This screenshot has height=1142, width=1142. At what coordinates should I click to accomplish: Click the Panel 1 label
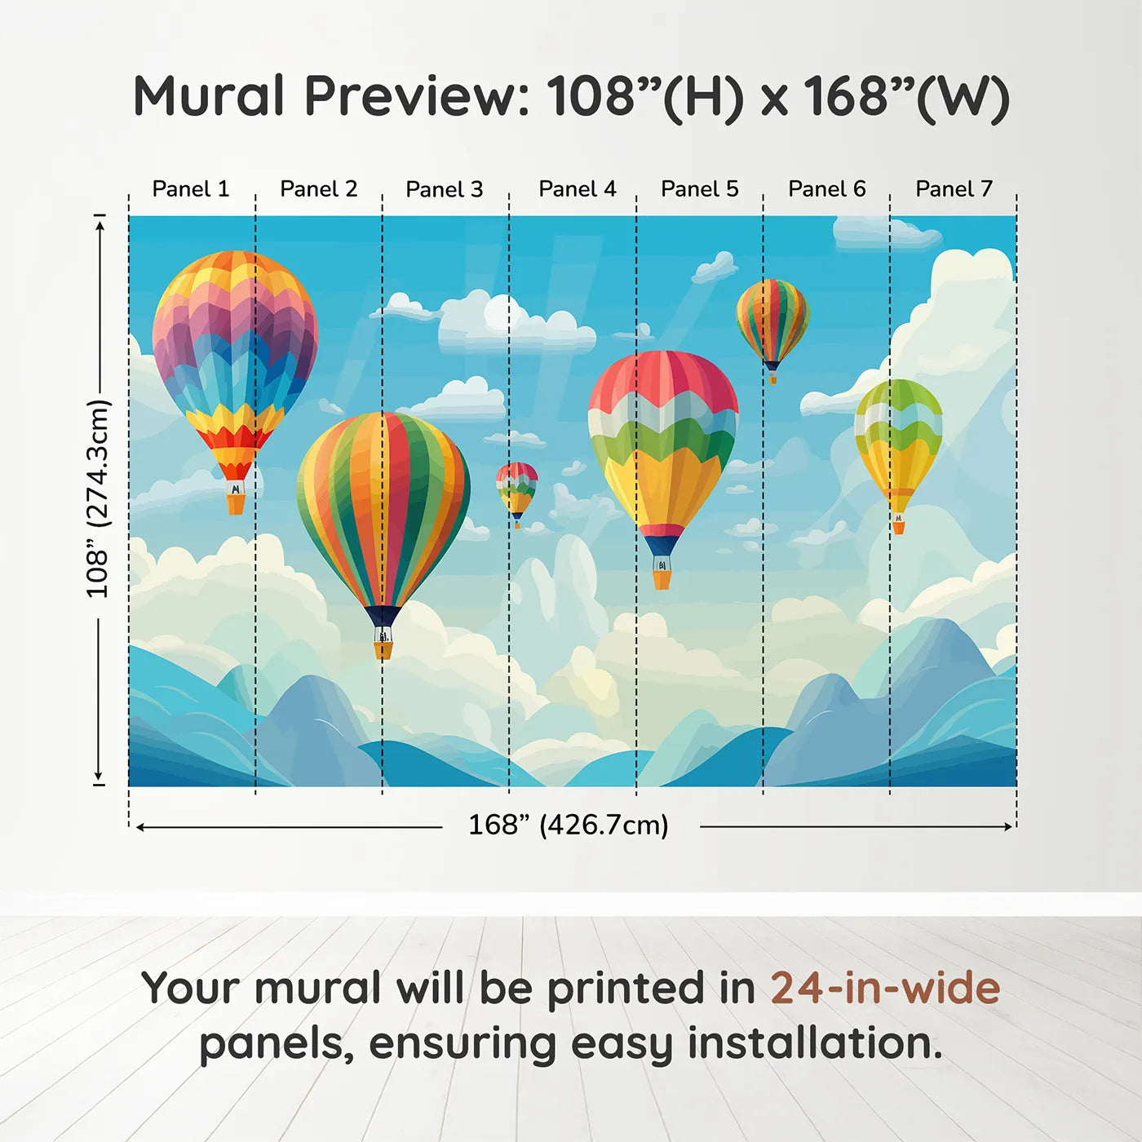[x=190, y=189]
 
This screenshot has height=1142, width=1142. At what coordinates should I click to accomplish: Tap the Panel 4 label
[x=578, y=189]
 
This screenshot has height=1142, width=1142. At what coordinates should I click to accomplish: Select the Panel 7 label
[x=954, y=189]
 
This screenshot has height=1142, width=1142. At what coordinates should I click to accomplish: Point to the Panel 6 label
[x=826, y=189]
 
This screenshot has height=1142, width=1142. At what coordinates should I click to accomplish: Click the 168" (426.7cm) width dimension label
[x=569, y=825]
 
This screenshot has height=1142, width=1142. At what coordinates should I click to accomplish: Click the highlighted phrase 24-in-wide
[x=885, y=988]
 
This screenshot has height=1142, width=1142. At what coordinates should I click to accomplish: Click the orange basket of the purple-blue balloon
[x=236, y=504]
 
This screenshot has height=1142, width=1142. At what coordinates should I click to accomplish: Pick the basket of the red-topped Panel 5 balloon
[x=662, y=580]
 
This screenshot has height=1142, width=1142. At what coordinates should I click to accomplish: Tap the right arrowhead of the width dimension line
[x=1008, y=826]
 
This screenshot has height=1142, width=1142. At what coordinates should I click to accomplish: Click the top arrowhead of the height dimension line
[x=101, y=226]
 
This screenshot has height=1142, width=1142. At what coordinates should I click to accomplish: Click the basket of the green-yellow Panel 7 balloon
[x=899, y=527]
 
